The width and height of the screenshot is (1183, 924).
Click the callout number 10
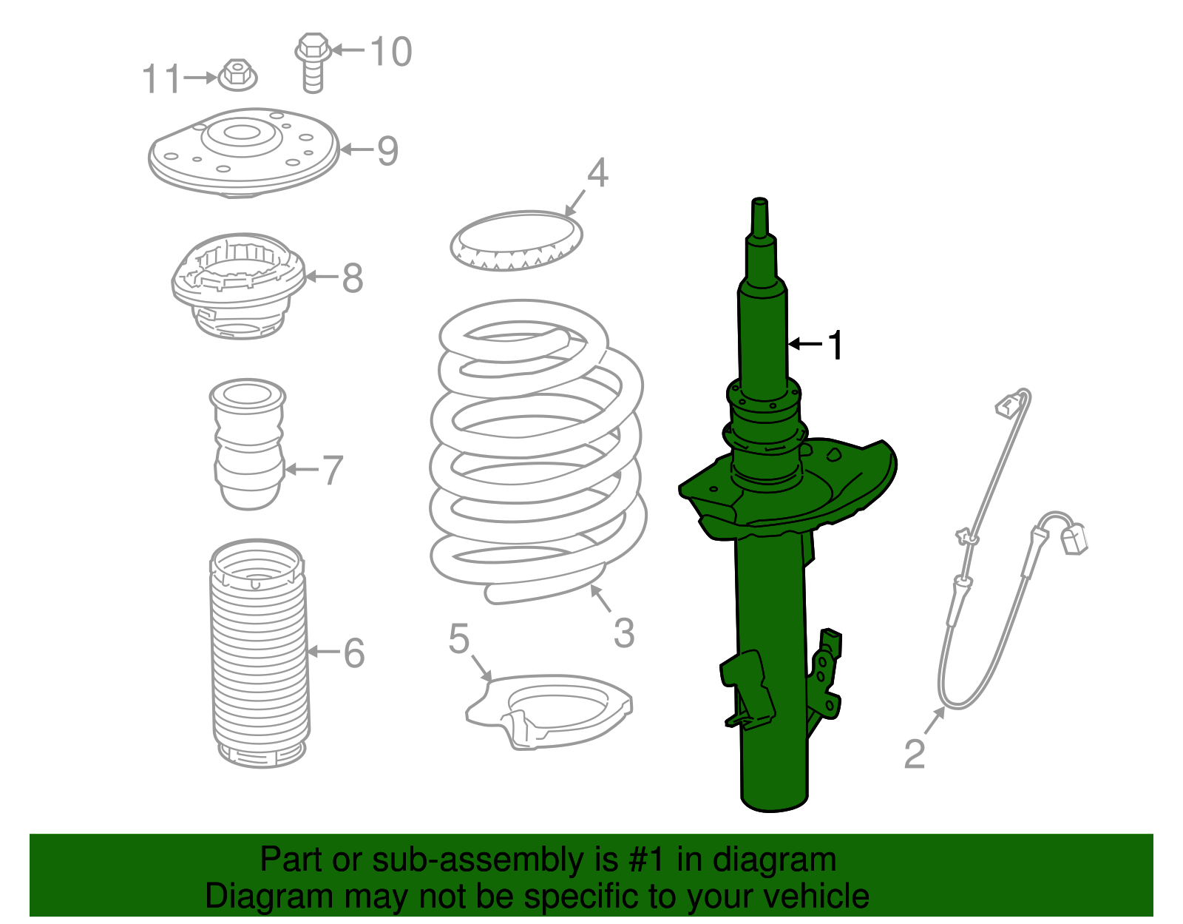coord(390,52)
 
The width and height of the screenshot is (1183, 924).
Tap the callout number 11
coord(160,78)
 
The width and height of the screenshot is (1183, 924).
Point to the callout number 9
coord(387,151)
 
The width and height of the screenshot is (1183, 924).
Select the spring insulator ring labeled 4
coord(516,241)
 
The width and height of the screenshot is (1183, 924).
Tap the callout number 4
coord(597,173)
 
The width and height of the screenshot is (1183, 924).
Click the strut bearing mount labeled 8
coord(238,287)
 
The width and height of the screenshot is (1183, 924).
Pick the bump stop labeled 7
coord(248,444)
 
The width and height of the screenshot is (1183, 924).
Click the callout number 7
coord(333,471)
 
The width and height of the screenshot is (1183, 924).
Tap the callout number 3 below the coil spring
coord(624,633)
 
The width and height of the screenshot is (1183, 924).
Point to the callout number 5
coord(458,638)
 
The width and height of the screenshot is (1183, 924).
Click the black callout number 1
coord(835,345)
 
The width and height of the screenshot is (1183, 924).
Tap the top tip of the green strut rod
coord(759,202)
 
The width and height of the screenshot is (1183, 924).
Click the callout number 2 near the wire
coord(915,754)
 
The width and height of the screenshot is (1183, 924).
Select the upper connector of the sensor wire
coord(1008,405)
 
